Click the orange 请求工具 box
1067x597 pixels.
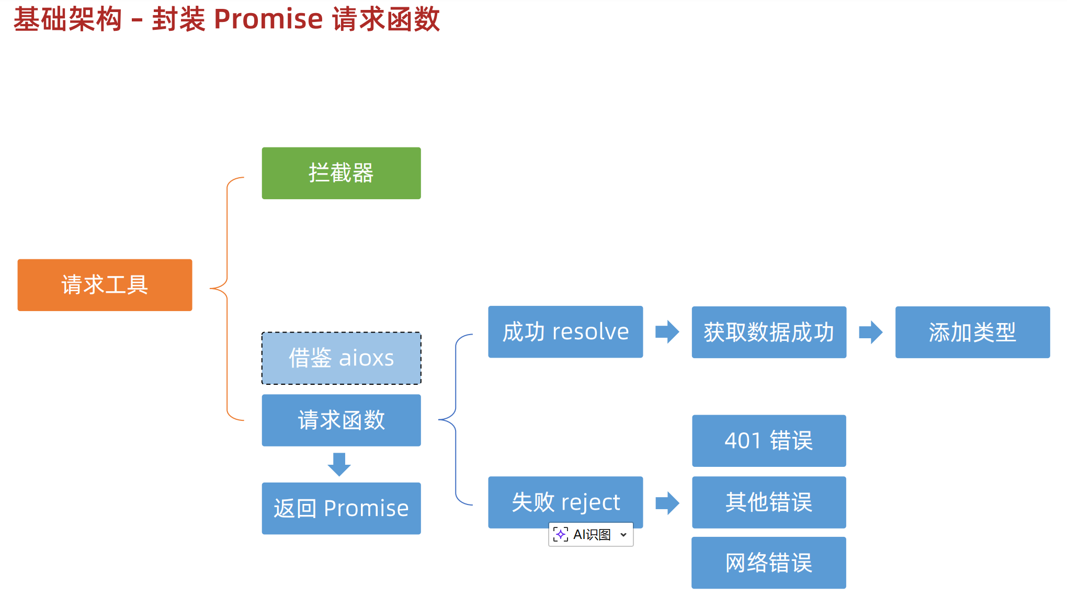(105, 285)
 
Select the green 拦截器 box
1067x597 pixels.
(341, 173)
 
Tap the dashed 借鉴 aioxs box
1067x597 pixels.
(341, 358)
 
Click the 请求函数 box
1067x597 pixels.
(341, 420)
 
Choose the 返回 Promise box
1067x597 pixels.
(341, 508)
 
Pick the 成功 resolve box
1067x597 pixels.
(565, 332)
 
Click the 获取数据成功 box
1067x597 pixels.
(769, 332)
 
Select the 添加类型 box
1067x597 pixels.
(972, 332)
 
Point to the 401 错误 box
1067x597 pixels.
(769, 441)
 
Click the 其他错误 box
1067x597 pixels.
(769, 502)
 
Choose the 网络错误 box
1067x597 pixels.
(769, 563)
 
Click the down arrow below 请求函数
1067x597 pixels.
(339, 464)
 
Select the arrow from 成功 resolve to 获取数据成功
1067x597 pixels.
(667, 332)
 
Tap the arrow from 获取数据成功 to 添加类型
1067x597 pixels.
(871, 332)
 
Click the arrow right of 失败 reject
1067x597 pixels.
(667, 503)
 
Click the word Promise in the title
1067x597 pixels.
(268, 19)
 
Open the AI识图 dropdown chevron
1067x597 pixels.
(623, 535)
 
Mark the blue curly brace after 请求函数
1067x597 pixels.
(456, 419)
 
